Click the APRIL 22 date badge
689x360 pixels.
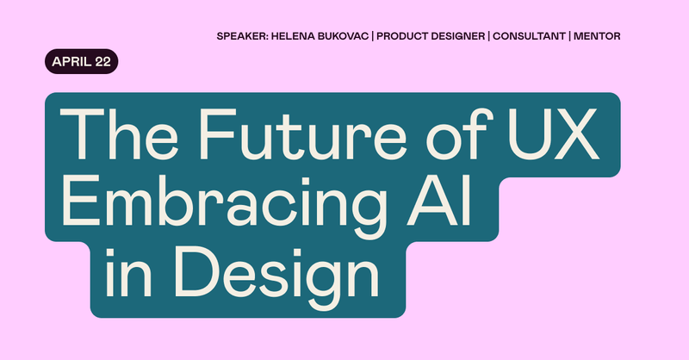pyautogui.click(x=82, y=63)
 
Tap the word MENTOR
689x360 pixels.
pyautogui.click(x=597, y=37)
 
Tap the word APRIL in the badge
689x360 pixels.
pyautogui.click(x=71, y=63)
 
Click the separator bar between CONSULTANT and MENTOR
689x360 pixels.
pyautogui.click(x=569, y=37)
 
